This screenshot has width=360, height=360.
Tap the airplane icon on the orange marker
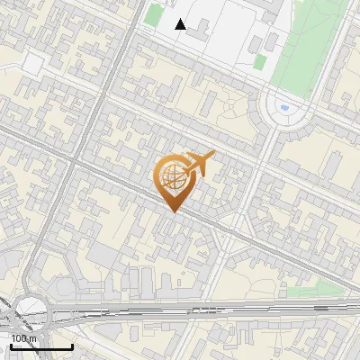[x=199, y=164]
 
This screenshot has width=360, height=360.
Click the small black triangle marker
[x=181, y=24]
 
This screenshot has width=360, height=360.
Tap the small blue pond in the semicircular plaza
[x=284, y=108]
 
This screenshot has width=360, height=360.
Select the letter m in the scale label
[x=33, y=338]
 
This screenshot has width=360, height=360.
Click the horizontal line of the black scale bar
[x=41, y=346]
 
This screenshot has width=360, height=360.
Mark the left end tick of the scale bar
[x=11, y=345]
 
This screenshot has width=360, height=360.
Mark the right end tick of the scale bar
[x=72, y=345]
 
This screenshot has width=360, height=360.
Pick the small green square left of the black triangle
[x=154, y=15]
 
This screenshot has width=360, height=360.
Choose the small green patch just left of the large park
[x=260, y=62]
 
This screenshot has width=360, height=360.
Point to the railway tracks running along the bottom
[x=225, y=311]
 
